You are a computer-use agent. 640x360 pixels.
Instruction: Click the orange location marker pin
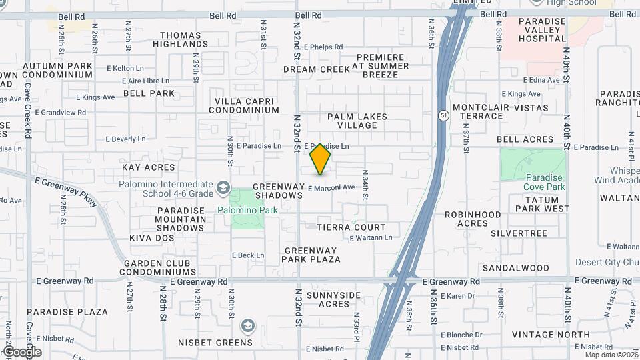320,158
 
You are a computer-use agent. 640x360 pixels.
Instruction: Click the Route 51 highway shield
443,115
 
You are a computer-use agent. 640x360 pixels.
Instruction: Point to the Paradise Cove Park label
544,182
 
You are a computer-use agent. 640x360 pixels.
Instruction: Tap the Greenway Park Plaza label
312,255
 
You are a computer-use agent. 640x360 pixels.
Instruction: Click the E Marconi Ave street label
331,188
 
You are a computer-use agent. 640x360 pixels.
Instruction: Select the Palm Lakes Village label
357,121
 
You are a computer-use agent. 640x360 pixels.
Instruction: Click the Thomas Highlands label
181,39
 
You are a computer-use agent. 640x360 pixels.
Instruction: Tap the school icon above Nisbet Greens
247,326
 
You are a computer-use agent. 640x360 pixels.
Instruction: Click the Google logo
21,351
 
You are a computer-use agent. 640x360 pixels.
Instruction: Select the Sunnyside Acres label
333,299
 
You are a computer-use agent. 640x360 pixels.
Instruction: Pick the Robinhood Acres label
473,219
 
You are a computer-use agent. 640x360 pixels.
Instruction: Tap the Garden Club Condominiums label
157,268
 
